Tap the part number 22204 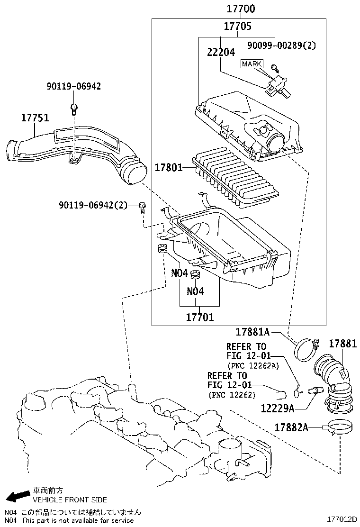pyautogui.click(x=221, y=52)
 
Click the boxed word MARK pyautogui.click(x=252, y=64)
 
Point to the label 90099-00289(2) pyautogui.click(x=281, y=45)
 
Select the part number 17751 pyautogui.click(x=35, y=118)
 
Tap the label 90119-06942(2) pyautogui.click(x=93, y=205)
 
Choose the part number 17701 pyautogui.click(x=199, y=317)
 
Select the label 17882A pyautogui.click(x=291, y=427)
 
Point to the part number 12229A pyautogui.click(x=278, y=408)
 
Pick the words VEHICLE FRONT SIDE pyautogui.click(x=70, y=500)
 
